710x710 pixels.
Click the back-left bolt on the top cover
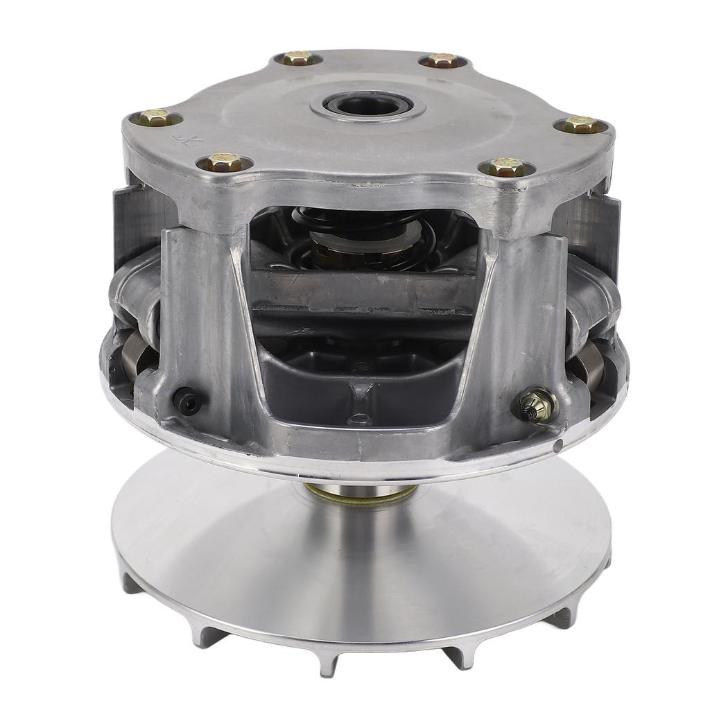(297, 59)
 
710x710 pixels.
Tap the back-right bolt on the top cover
(442, 60)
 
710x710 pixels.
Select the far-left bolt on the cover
(156, 119)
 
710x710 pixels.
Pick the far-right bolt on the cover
(580, 125)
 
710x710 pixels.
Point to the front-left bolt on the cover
(224, 163)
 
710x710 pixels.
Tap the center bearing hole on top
(367, 106)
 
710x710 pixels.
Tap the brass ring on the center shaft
(361, 494)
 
